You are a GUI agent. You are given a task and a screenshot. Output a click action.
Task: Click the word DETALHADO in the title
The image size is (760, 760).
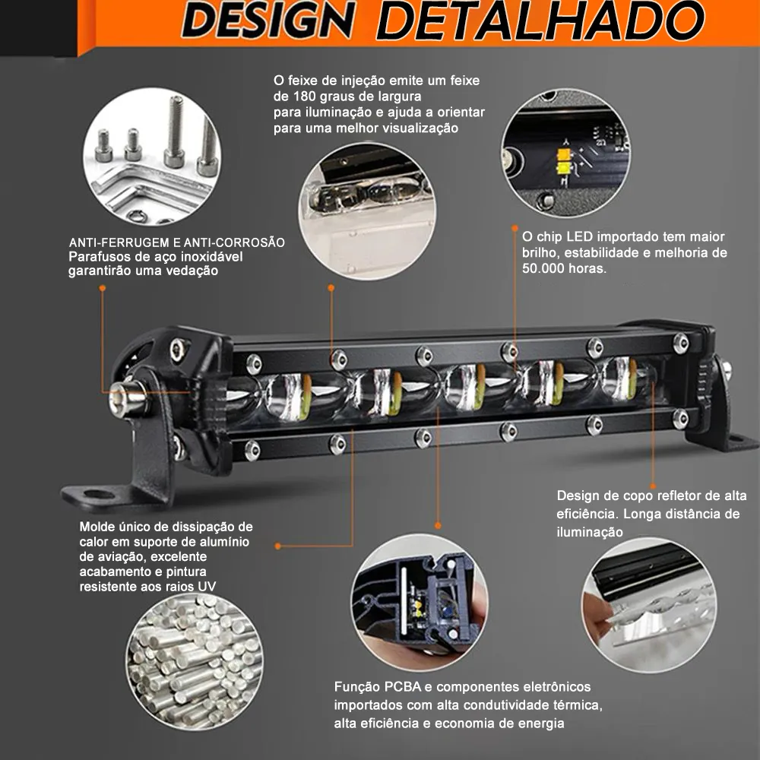coord(540,21)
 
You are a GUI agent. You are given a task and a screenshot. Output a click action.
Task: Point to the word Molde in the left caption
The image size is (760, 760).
coord(98,527)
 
